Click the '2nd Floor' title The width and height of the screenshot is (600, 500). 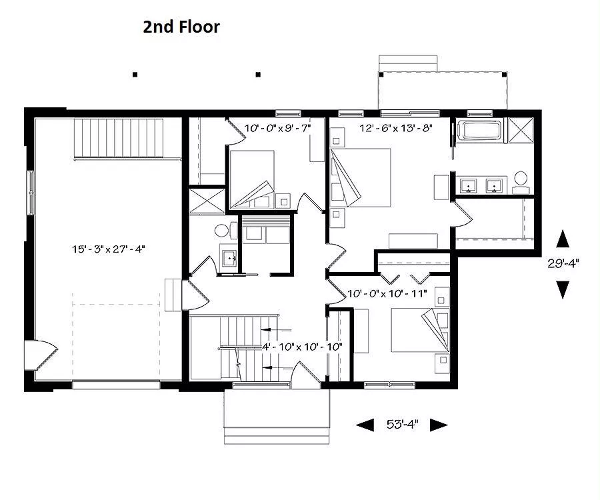(x=181, y=27)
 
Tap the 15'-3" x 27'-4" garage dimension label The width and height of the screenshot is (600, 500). (x=108, y=249)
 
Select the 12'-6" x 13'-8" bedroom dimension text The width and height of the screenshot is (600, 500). (x=395, y=128)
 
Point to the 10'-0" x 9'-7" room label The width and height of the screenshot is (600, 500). (x=277, y=128)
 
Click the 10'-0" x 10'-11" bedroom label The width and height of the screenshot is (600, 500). (x=387, y=293)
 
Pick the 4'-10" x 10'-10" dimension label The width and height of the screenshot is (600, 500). (x=302, y=347)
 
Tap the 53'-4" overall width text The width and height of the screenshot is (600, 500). (x=402, y=424)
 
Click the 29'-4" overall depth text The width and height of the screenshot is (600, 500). (x=563, y=263)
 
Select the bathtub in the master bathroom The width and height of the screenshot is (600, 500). (x=480, y=131)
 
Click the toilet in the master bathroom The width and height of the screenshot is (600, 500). (x=521, y=183)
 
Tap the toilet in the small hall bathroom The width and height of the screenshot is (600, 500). (x=226, y=231)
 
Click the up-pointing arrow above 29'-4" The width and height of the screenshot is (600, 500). (x=563, y=239)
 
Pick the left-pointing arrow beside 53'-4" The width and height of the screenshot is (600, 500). (x=365, y=425)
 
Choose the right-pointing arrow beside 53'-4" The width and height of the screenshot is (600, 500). (x=439, y=425)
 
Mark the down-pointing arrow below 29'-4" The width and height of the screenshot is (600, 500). (x=563, y=289)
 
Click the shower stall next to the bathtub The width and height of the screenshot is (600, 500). (x=521, y=131)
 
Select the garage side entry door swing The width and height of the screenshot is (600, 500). (x=41, y=355)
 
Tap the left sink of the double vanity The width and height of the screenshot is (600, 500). (x=467, y=185)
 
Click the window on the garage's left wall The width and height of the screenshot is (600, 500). (x=30, y=193)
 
